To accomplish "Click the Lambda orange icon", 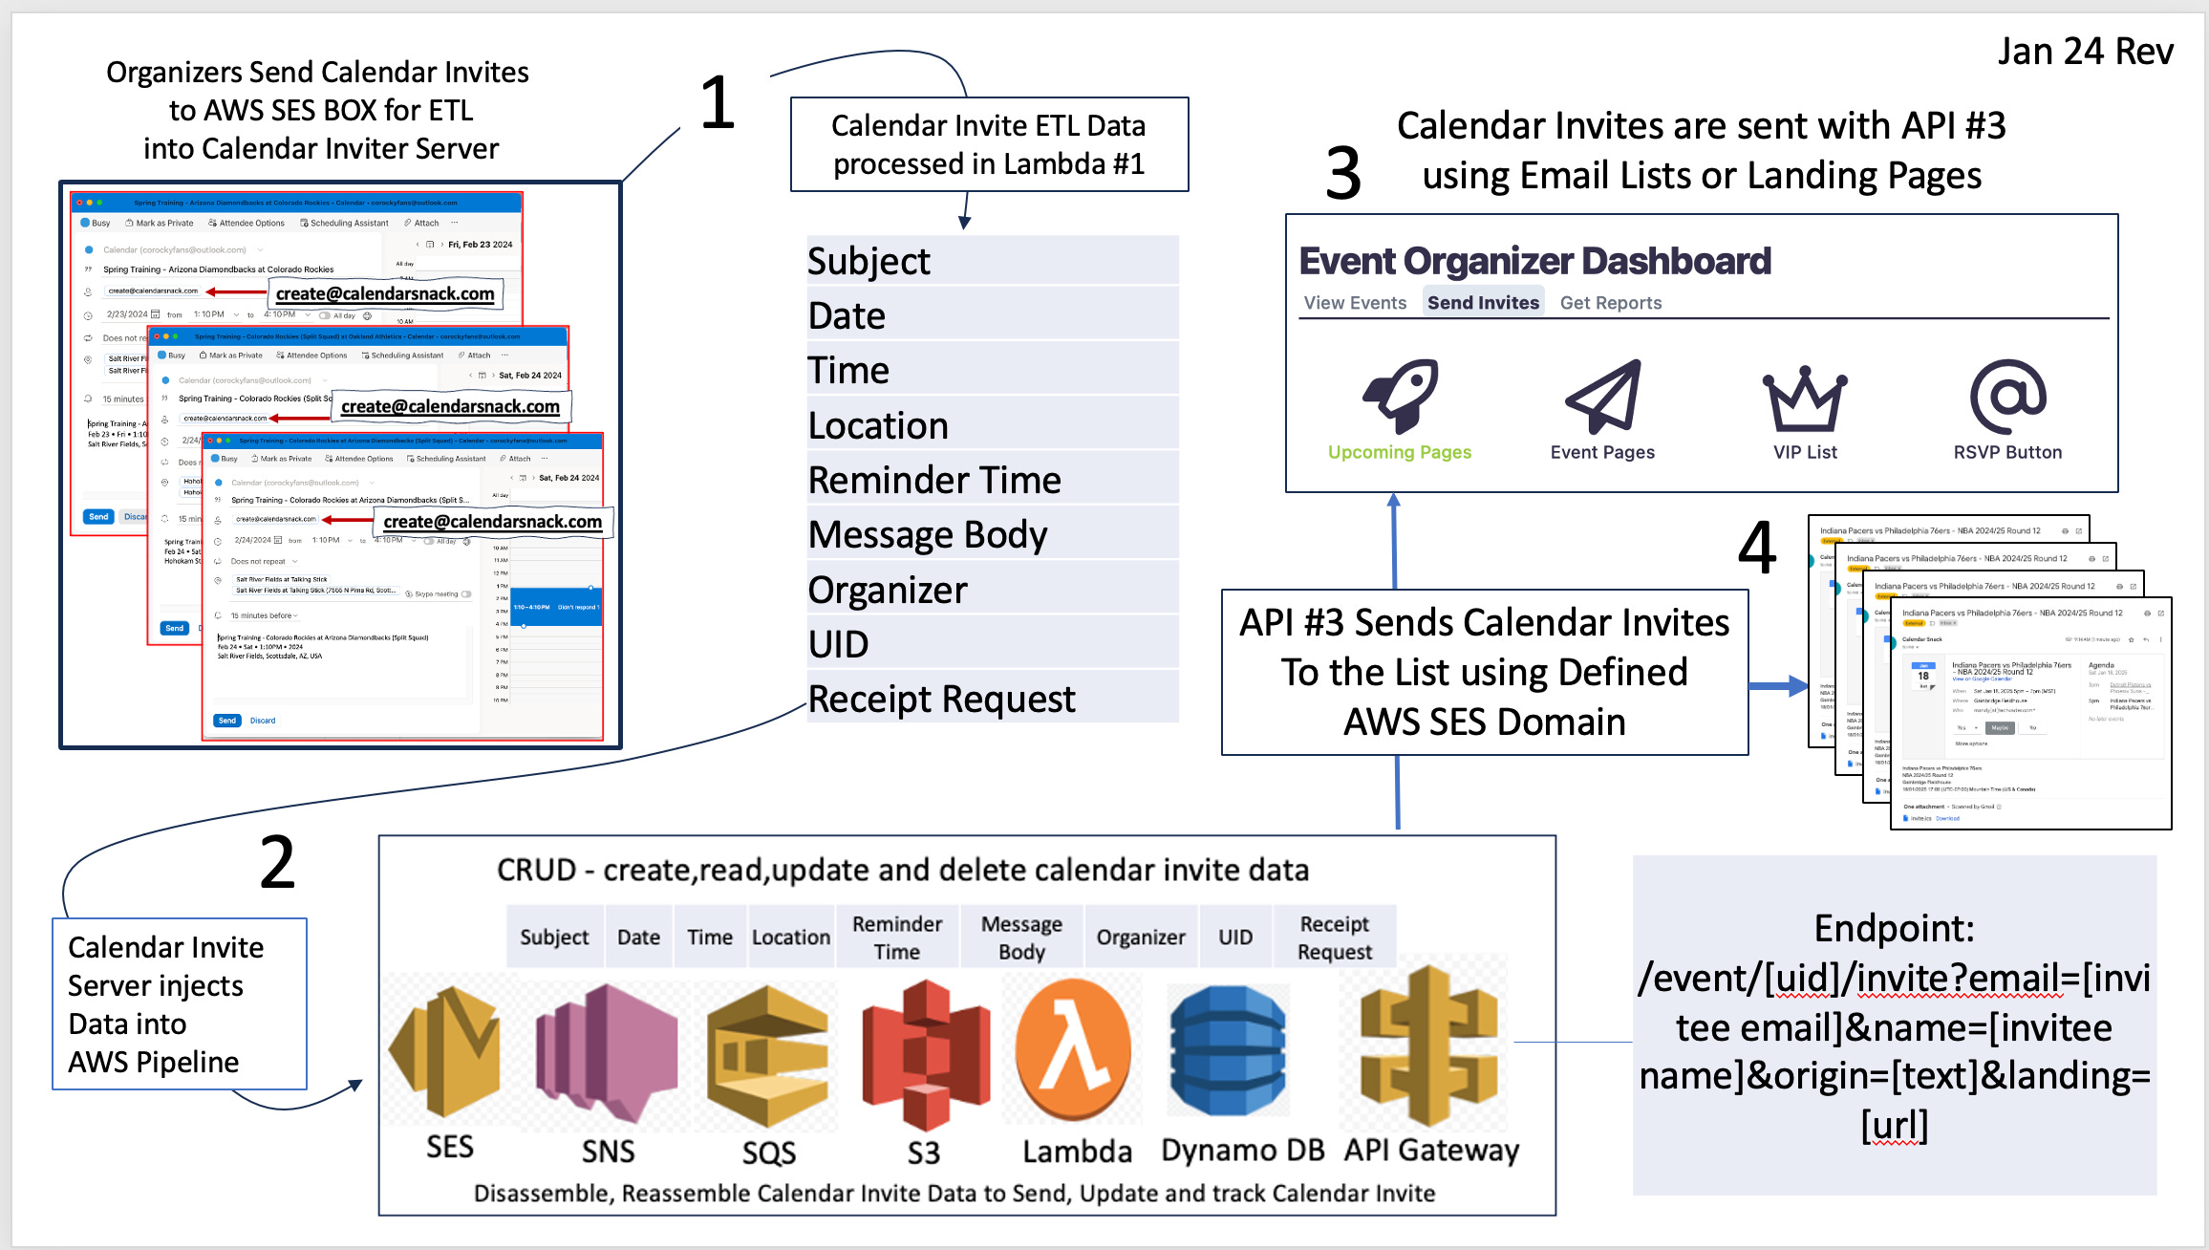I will pos(1074,1050).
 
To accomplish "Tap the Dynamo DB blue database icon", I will pos(1228,1050).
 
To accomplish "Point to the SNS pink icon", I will pos(607,1052).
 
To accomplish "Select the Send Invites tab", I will pos(1483,303).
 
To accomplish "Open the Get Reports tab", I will pos(1611,303).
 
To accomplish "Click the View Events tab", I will pos(1355,303).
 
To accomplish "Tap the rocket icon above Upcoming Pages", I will pos(1400,396).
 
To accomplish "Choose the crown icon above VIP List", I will pos(1804,399).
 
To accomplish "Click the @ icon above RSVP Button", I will pos(2007,397).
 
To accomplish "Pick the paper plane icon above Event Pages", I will pos(1603,396).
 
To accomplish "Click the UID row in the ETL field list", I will pos(992,644).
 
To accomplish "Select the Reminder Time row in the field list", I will pos(992,480).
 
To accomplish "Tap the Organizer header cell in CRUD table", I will pos(1141,937).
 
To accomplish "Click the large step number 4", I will pos(1756,549).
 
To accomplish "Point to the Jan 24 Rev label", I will pos(2085,52).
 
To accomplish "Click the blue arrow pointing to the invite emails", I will pos(1778,685).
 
